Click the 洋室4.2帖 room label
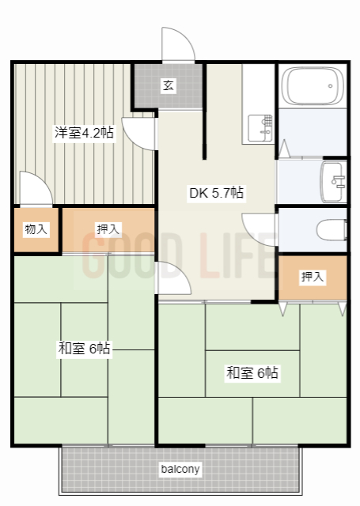[x=84, y=132]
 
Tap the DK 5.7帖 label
[x=215, y=192]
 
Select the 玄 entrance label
[x=169, y=85]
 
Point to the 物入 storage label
[x=36, y=229]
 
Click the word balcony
[x=180, y=469]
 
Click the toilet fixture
[x=332, y=230]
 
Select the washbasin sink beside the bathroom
[x=333, y=182]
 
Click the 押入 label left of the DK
[x=108, y=229]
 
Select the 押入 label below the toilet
[x=313, y=277]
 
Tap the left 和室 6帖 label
[x=84, y=349]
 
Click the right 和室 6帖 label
[x=251, y=372]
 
